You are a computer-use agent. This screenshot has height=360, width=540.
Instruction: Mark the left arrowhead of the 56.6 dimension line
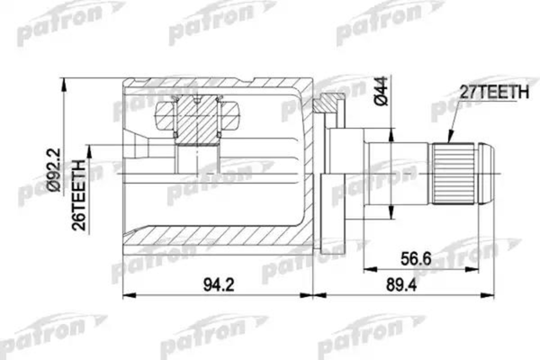[x=367, y=267]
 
